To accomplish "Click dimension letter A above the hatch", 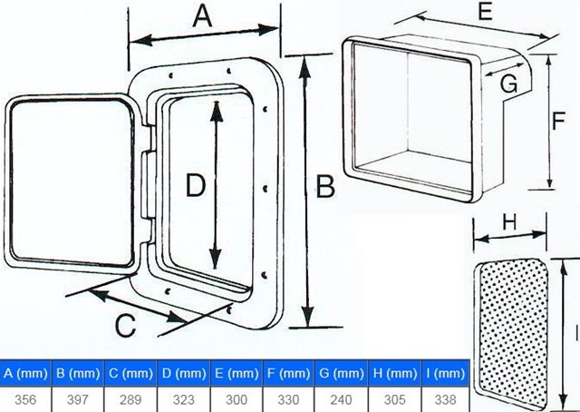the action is click(x=203, y=16).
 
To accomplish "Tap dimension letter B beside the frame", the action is click(x=325, y=186).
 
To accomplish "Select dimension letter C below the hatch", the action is click(x=125, y=326).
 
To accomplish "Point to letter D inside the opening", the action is click(x=195, y=185).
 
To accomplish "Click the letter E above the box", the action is click(x=486, y=11).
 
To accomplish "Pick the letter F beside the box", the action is click(x=558, y=121).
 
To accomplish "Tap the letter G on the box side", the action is click(x=508, y=83).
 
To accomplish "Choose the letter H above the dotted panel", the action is click(x=509, y=222).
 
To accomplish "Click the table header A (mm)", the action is click(x=25, y=374).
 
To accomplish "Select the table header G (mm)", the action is click(x=341, y=374).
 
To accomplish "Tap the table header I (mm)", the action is click(x=445, y=374).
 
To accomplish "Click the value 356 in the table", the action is click(x=25, y=400).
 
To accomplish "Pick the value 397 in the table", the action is click(x=78, y=400).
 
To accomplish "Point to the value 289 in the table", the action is click(x=130, y=400).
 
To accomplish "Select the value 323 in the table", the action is click(x=183, y=400).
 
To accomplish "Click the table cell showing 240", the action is click(x=341, y=400).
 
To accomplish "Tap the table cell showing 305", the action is click(x=394, y=400).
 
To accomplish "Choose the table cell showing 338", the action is click(x=445, y=400).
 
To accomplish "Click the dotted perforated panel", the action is click(x=512, y=333).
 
